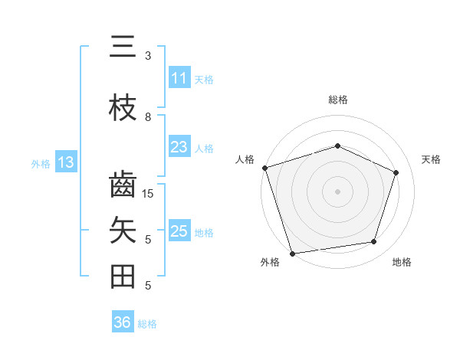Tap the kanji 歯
123,185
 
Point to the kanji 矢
123,231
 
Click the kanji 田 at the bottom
123,277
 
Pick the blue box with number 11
179,78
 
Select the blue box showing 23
179,147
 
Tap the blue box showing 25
179,231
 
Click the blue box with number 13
65,162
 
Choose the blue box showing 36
123,322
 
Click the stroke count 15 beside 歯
148,194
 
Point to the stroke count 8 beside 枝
148,117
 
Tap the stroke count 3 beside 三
148,56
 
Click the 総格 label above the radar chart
338,100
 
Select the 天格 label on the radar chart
432,159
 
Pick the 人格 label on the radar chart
245,159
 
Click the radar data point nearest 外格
292,252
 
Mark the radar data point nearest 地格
374,242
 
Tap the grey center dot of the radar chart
338,191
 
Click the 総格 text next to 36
148,324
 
